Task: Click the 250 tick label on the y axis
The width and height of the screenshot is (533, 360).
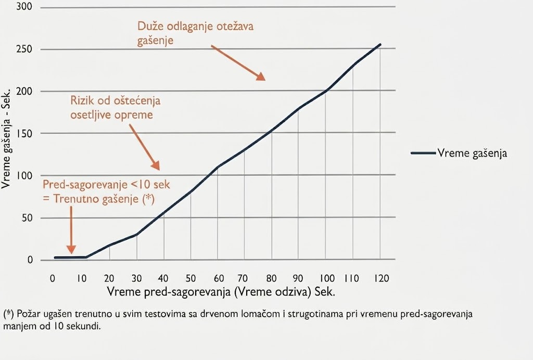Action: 24,49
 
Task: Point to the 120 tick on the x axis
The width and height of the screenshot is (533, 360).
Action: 382,278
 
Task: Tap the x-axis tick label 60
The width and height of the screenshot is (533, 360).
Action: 219,278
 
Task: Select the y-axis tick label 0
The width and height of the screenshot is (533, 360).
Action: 30,260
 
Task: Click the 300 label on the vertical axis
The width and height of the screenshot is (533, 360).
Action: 24,6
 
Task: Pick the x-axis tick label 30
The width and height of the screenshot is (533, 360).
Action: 136,278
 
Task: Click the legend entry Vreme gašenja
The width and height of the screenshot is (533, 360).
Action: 459,153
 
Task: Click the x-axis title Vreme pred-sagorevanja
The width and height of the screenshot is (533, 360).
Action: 169,292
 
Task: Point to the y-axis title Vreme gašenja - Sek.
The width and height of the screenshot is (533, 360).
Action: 6,138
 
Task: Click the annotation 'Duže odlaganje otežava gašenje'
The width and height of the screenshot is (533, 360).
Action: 196,33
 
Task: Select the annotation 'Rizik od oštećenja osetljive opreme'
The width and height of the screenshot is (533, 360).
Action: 115,108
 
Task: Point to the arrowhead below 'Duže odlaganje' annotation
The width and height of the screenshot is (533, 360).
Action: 261,76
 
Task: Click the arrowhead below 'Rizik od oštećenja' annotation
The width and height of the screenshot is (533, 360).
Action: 156,165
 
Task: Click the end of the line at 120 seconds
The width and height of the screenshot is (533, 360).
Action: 380,45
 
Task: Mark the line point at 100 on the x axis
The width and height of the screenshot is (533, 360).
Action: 326,91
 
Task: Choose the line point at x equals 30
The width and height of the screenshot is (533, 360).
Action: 137,234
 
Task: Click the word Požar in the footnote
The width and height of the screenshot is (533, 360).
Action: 26,314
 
